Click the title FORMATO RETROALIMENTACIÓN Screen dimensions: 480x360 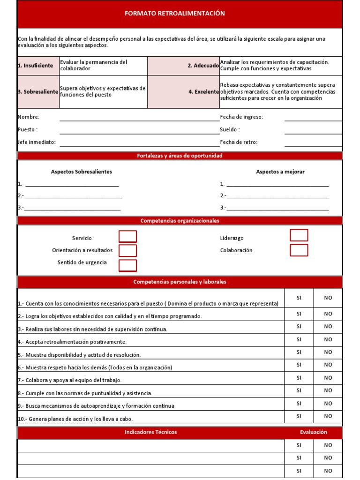[174, 14]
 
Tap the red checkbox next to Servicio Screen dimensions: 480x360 [127, 237]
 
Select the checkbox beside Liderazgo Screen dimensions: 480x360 [299, 235]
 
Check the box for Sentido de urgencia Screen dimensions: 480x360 [127, 265]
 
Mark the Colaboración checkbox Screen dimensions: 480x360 [299, 250]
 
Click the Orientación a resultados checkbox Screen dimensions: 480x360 [127, 251]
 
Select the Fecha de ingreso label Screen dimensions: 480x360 [241, 117]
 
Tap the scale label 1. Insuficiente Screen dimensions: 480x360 [36, 66]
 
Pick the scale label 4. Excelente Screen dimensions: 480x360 [203, 92]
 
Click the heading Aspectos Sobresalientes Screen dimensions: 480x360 [82, 172]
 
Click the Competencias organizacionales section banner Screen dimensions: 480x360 [180, 221]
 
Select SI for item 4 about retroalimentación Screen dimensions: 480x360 [299, 339]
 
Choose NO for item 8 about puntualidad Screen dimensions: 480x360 [328, 390]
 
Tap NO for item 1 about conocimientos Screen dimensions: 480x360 [328, 298]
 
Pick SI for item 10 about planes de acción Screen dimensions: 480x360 [299, 416]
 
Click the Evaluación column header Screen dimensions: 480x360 [314, 432]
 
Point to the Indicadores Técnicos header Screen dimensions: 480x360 [150, 432]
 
